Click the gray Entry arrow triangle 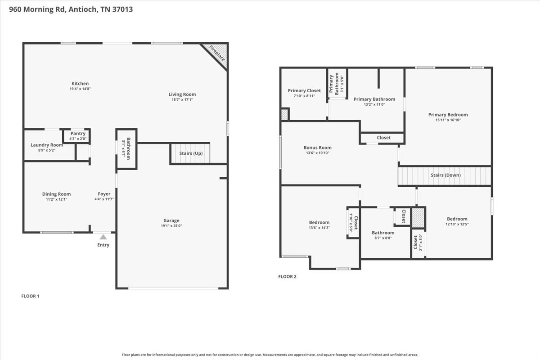click(103, 237)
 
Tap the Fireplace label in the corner click(217, 53)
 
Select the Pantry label click(78, 133)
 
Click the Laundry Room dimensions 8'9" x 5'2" click(47, 150)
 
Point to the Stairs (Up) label click(191, 153)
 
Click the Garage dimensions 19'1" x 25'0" click(171, 226)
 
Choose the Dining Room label click(56, 194)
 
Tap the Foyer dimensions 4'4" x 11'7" click(104, 199)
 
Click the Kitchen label click(80, 83)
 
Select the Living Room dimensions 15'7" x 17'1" click(182, 99)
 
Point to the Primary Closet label click(304, 90)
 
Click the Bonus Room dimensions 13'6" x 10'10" click(318, 153)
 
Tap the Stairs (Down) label click(446, 175)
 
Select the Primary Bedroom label click(448, 115)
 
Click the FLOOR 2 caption click(288, 277)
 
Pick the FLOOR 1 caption click(30, 296)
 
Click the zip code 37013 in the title click(122, 9)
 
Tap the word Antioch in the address click(83, 9)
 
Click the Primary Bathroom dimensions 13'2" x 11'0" click(374, 105)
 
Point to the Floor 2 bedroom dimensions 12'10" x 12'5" click(457, 224)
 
